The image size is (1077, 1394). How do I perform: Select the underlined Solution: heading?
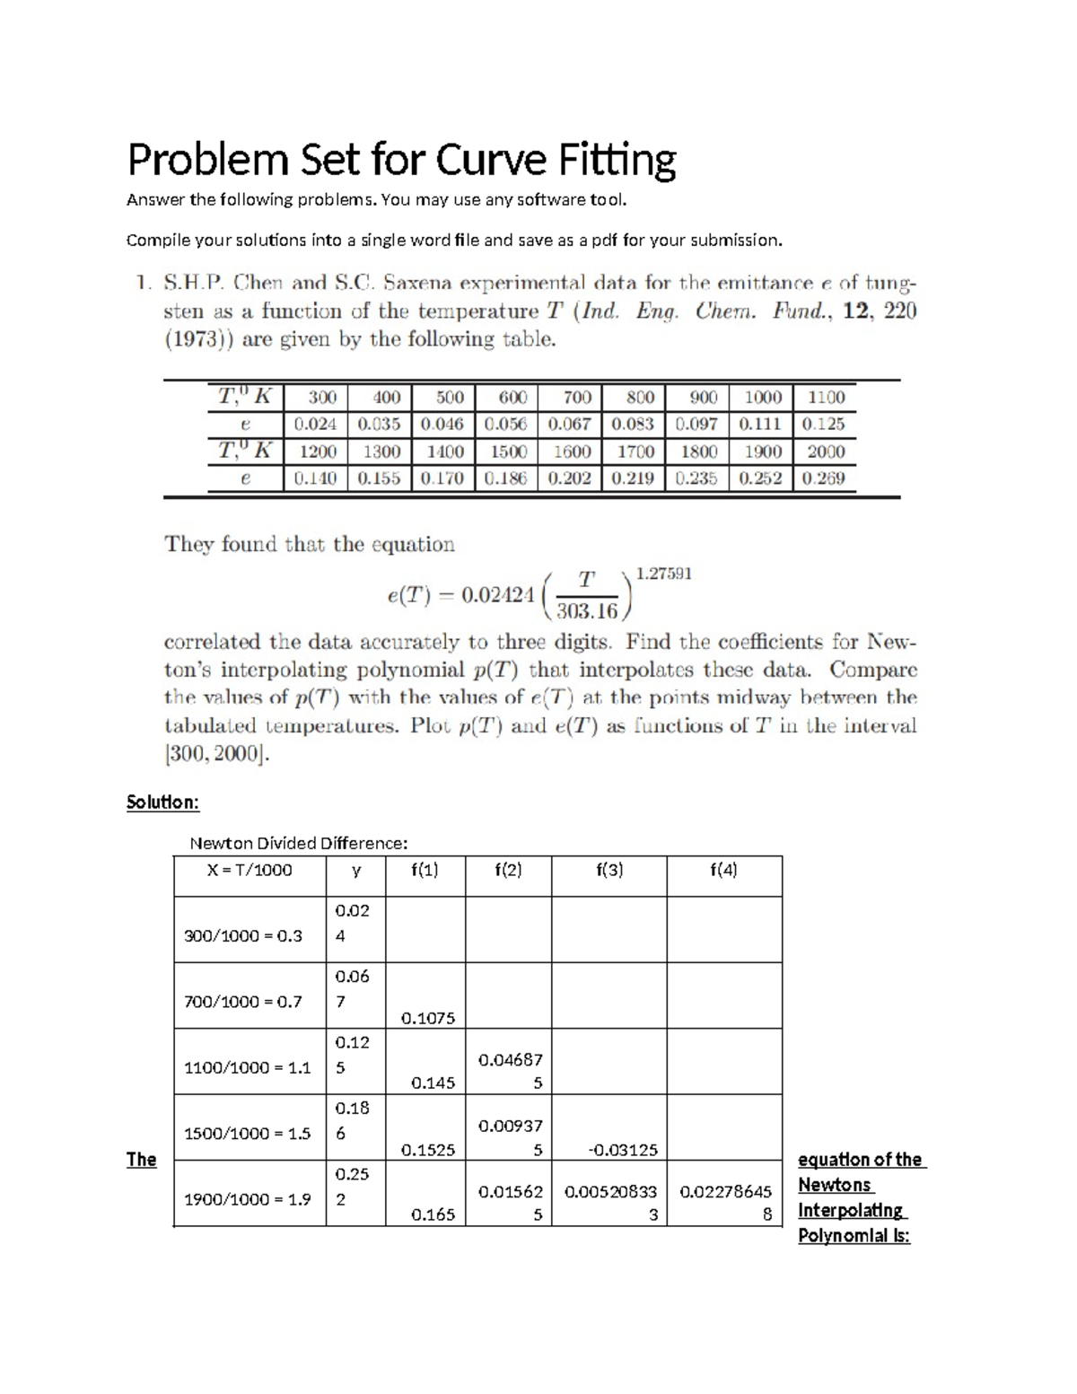pos(162,802)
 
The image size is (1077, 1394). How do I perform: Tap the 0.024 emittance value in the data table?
pos(315,424)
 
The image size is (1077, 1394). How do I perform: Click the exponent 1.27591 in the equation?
pos(663,573)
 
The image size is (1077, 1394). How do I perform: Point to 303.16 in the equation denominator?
pos(587,611)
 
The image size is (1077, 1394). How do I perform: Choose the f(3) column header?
pos(609,870)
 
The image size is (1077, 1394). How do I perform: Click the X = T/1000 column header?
pos(250,870)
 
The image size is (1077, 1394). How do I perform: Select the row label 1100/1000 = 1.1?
pos(247,1067)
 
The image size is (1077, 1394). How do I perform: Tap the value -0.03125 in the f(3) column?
pos(622,1149)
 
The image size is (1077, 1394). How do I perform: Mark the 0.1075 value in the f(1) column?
pos(428,1018)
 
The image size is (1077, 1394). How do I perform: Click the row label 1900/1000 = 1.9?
pos(247,1199)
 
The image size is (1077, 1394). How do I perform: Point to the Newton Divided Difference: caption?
pos(298,843)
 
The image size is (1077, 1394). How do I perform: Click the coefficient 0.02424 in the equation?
pos(497,595)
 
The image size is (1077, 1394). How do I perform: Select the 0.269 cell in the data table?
pos(824,478)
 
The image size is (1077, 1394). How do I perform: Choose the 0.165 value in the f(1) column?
pos(433,1214)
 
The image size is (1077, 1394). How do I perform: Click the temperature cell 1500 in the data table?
pos(507,452)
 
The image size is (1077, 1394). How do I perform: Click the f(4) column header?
pos(723,870)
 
